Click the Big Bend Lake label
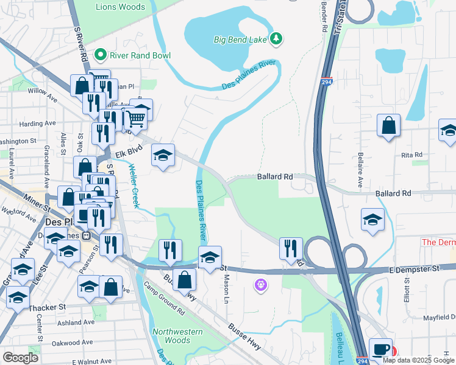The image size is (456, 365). [x=240, y=40]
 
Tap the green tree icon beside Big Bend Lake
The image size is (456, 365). [x=277, y=39]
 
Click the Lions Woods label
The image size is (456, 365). [x=121, y=7]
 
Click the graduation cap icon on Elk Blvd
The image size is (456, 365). [x=163, y=156]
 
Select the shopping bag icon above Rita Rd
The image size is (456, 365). [x=388, y=127]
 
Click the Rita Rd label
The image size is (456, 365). [x=412, y=155]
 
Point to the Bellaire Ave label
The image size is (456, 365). [x=360, y=170]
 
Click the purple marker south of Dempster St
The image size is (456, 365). [x=261, y=284]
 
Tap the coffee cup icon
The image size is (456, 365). [x=380, y=349]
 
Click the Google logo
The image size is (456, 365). [x=20, y=357]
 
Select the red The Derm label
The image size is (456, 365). [x=438, y=242]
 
